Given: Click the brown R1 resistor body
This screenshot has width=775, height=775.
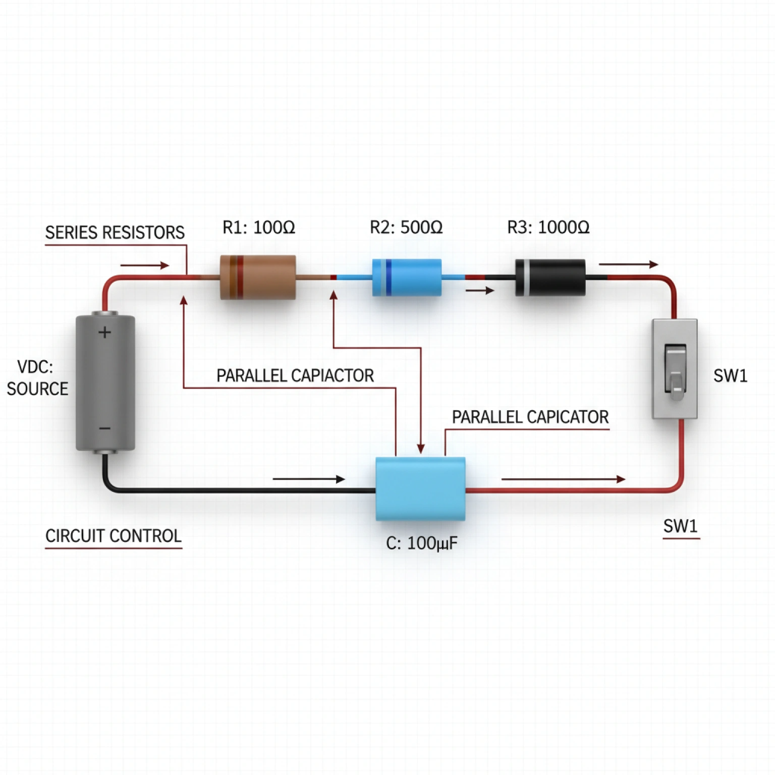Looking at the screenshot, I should pyautogui.click(x=258, y=277).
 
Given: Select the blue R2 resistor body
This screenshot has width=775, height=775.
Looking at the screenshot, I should pyautogui.click(x=407, y=277).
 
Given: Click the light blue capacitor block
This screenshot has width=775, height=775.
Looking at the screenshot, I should pyautogui.click(x=420, y=488).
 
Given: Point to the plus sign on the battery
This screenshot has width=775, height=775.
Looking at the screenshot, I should pyautogui.click(x=104, y=332).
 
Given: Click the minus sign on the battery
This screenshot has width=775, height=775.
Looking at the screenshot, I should pyautogui.click(x=104, y=429).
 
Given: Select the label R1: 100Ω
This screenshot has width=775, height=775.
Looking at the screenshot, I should pyautogui.click(x=258, y=228).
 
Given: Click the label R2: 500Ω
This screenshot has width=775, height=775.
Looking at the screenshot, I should pyautogui.click(x=406, y=228).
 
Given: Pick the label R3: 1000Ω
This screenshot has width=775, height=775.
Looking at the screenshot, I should pyautogui.click(x=548, y=228).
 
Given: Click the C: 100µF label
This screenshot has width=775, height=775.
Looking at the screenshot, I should pyautogui.click(x=421, y=543).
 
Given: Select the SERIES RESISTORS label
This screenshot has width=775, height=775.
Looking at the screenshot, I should pyautogui.click(x=115, y=233).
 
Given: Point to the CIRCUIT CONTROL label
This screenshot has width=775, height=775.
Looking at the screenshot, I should pyautogui.click(x=113, y=536).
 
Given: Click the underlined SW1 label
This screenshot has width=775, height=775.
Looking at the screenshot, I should pyautogui.click(x=680, y=526).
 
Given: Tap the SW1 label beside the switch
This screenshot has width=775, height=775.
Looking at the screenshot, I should pyautogui.click(x=730, y=376).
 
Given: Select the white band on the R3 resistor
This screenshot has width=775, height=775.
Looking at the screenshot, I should pyautogui.click(x=526, y=277).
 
